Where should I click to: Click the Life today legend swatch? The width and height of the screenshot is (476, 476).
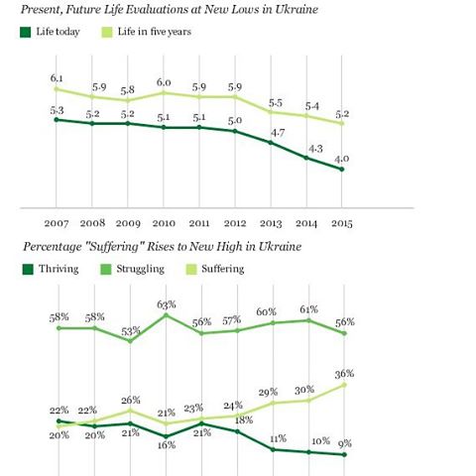click(26, 32)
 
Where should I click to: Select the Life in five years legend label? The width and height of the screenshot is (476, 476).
click(155, 32)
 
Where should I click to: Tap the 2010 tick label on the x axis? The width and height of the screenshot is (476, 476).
click(164, 223)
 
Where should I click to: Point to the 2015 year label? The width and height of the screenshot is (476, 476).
click(342, 223)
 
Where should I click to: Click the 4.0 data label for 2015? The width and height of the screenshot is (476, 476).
click(341, 159)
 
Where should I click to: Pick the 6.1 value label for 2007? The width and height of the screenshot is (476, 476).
click(57, 78)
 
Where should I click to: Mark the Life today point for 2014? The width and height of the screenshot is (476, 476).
click(306, 158)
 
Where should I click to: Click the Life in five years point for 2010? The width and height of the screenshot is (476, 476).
click(164, 93)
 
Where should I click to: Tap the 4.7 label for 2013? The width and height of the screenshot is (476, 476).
click(278, 133)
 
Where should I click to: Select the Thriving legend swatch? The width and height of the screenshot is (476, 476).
click(28, 269)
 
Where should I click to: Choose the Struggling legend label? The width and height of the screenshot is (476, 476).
click(140, 269)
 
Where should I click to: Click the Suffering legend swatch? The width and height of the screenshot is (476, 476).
click(191, 269)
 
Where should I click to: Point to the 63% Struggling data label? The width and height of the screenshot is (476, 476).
click(167, 304)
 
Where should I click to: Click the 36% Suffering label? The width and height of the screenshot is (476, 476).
click(344, 374)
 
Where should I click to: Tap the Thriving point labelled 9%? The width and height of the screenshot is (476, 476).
click(344, 454)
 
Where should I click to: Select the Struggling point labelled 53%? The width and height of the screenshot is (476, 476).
click(130, 341)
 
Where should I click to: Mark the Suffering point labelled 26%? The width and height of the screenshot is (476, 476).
click(130, 411)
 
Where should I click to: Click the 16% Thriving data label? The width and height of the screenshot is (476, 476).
click(167, 445)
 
